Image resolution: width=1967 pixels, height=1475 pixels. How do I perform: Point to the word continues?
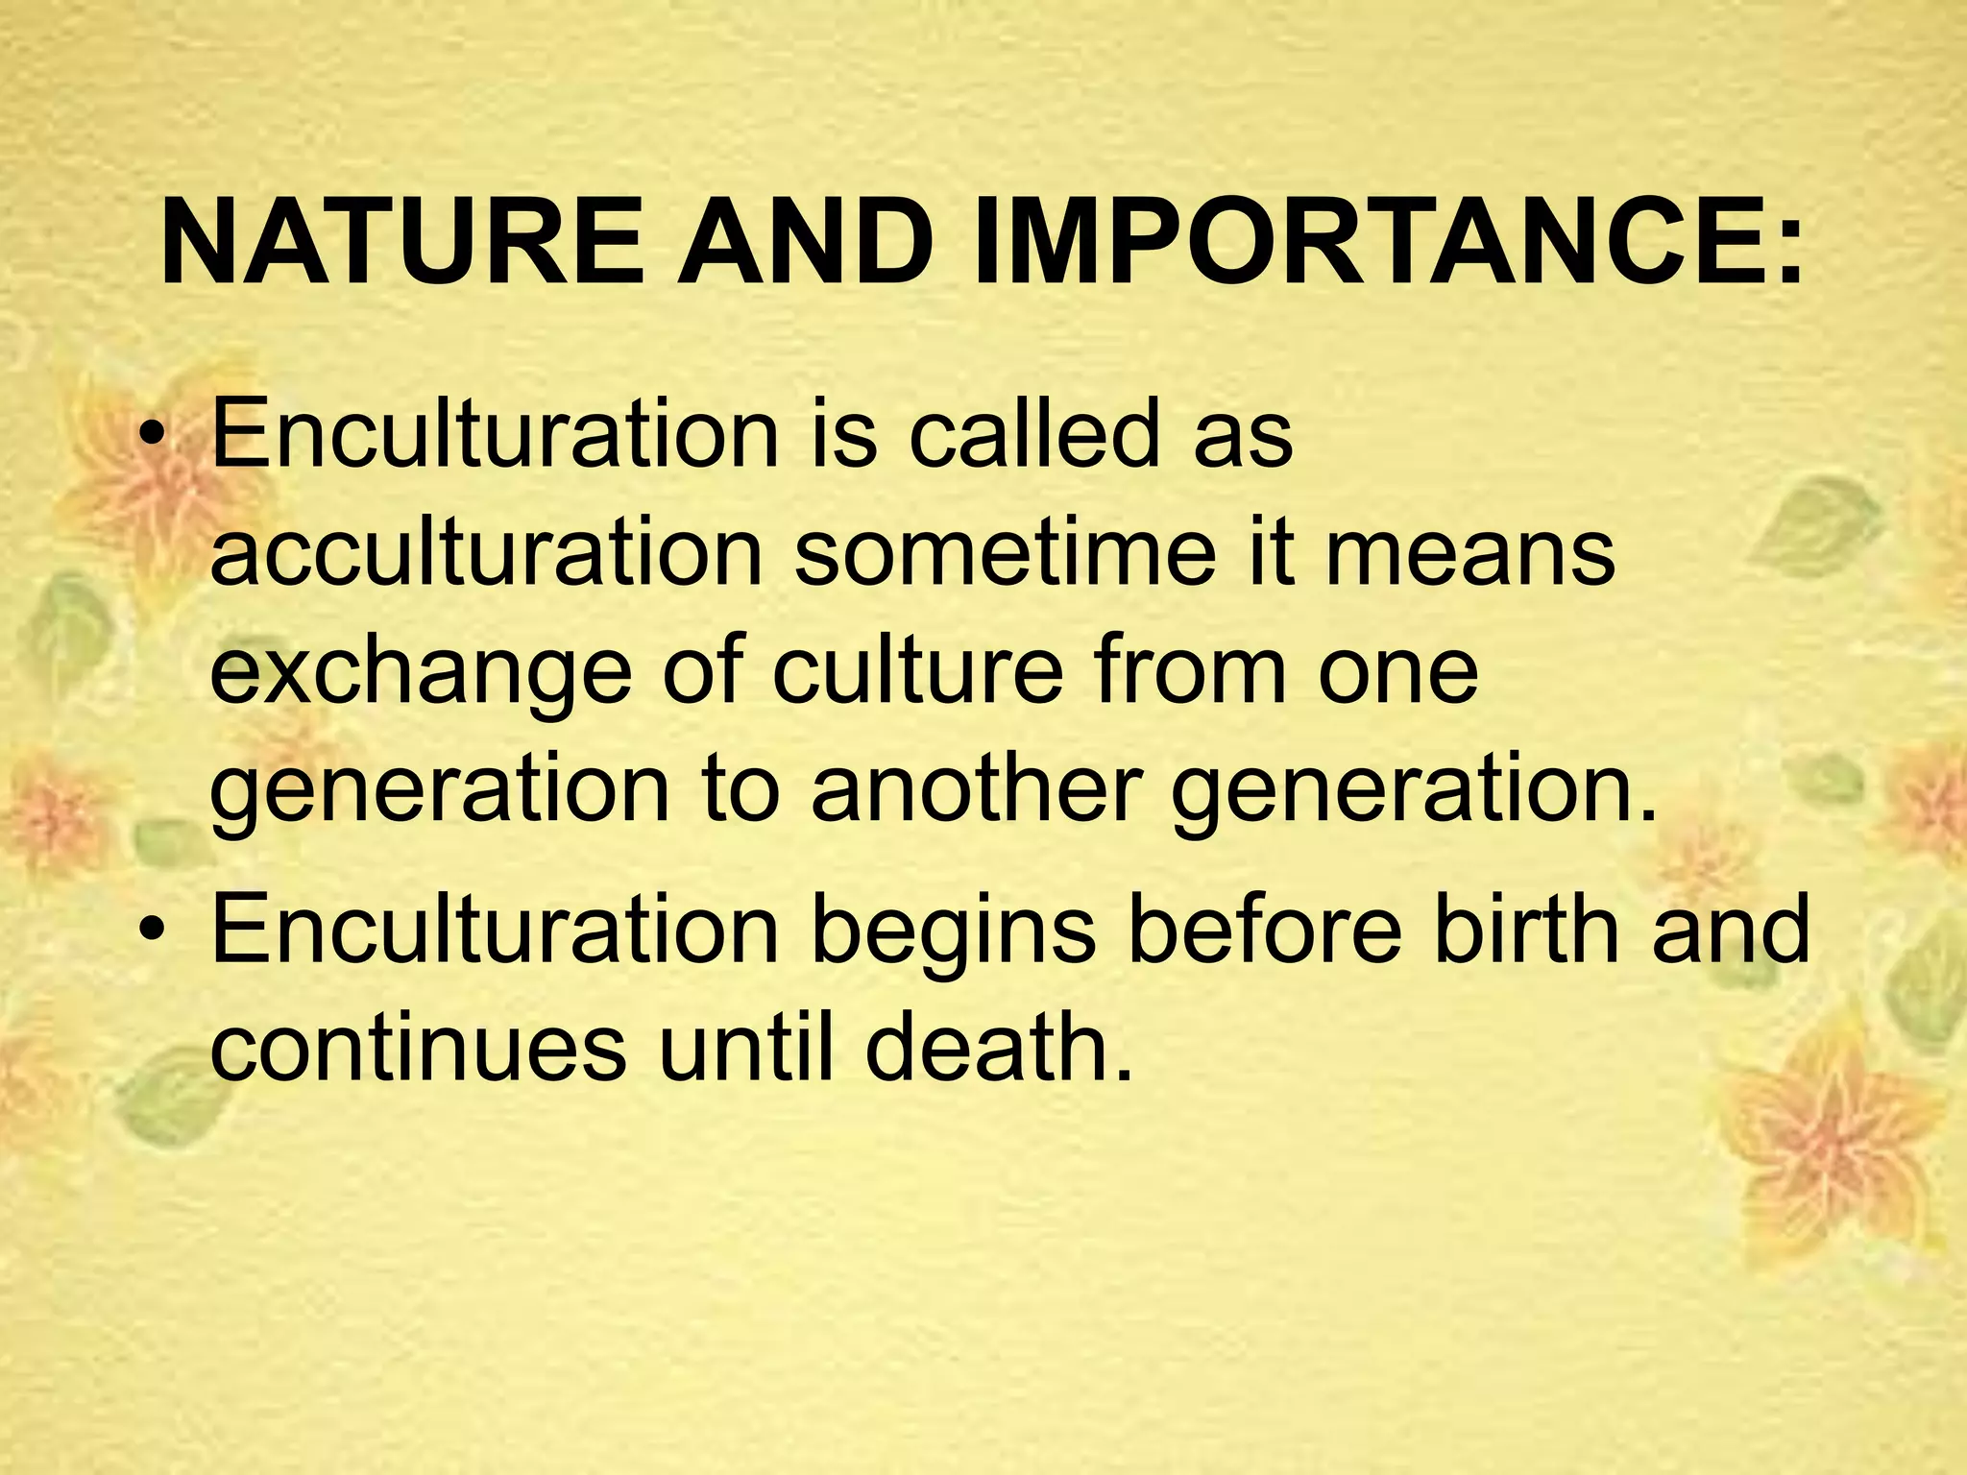point(419,1049)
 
